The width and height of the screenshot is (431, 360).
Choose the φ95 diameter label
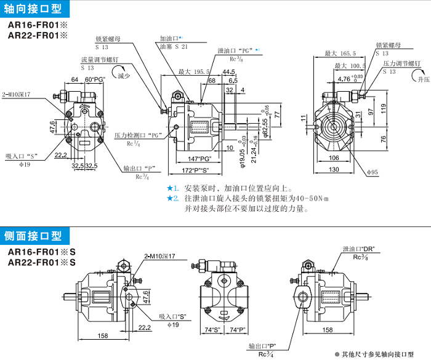(x=371, y=172)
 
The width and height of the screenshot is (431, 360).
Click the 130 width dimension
(x=333, y=170)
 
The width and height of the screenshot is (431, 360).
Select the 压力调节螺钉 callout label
(x=401, y=63)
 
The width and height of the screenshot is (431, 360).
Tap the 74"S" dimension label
(x=212, y=330)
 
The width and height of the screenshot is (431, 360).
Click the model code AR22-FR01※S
(x=41, y=263)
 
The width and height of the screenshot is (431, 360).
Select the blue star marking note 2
(x=171, y=198)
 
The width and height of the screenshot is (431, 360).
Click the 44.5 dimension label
(x=229, y=72)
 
